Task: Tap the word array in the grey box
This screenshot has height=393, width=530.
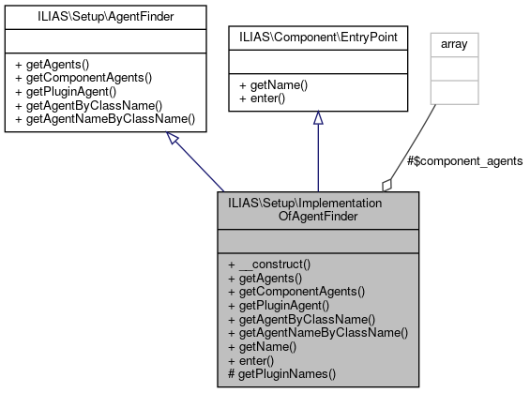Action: (454, 43)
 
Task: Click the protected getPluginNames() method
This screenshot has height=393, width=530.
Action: (281, 373)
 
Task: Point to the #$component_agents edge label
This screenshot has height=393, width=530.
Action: (465, 161)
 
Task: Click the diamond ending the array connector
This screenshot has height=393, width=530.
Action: (386, 183)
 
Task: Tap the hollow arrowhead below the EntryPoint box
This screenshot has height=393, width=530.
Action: (318, 118)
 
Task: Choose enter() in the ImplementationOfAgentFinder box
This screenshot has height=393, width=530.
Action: (258, 359)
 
